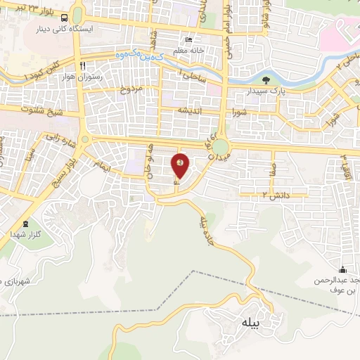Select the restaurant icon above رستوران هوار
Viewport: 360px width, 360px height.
[x=82, y=65]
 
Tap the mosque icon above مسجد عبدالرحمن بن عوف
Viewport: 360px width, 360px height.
[x=342, y=269]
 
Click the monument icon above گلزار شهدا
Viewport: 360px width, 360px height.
[x=26, y=223]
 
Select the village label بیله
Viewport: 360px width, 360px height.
[x=250, y=323]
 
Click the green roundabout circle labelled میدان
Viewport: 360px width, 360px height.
[x=221, y=147]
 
